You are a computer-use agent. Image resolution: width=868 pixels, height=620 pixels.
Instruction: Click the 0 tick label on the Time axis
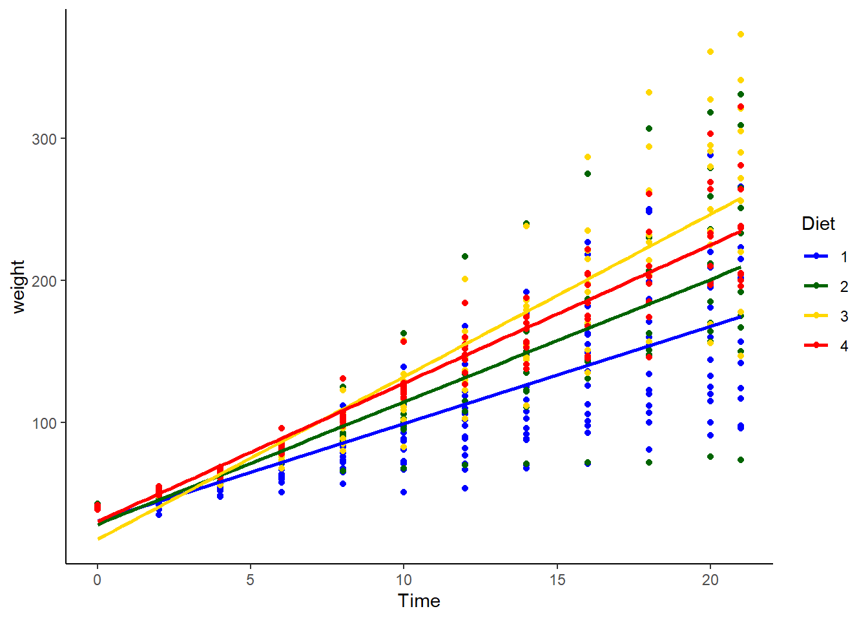click(97, 580)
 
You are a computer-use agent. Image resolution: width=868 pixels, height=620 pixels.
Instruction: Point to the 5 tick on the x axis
click(250, 580)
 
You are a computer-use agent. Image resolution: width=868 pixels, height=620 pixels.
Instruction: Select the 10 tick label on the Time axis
click(404, 580)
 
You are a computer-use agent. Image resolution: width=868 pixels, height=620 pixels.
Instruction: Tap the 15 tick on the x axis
click(557, 580)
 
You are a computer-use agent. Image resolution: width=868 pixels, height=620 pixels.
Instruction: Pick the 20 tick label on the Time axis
click(710, 580)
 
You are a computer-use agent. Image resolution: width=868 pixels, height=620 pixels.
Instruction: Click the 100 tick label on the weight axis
click(44, 423)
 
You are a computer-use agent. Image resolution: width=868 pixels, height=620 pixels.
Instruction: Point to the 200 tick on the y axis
click(44, 281)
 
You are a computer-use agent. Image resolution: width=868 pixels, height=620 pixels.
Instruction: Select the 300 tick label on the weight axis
click(44, 139)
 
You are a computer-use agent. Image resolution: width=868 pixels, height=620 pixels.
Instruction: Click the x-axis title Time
click(419, 601)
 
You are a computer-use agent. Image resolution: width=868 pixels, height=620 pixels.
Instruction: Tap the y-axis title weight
click(18, 287)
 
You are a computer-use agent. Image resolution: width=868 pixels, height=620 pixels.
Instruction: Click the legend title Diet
click(818, 224)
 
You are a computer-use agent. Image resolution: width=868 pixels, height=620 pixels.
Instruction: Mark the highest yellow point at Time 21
click(741, 34)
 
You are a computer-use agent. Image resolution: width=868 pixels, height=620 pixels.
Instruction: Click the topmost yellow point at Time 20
click(710, 52)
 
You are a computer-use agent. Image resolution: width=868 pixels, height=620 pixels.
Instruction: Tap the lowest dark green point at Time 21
click(741, 460)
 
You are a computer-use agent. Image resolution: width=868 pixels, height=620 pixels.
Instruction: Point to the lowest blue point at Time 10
click(404, 492)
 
